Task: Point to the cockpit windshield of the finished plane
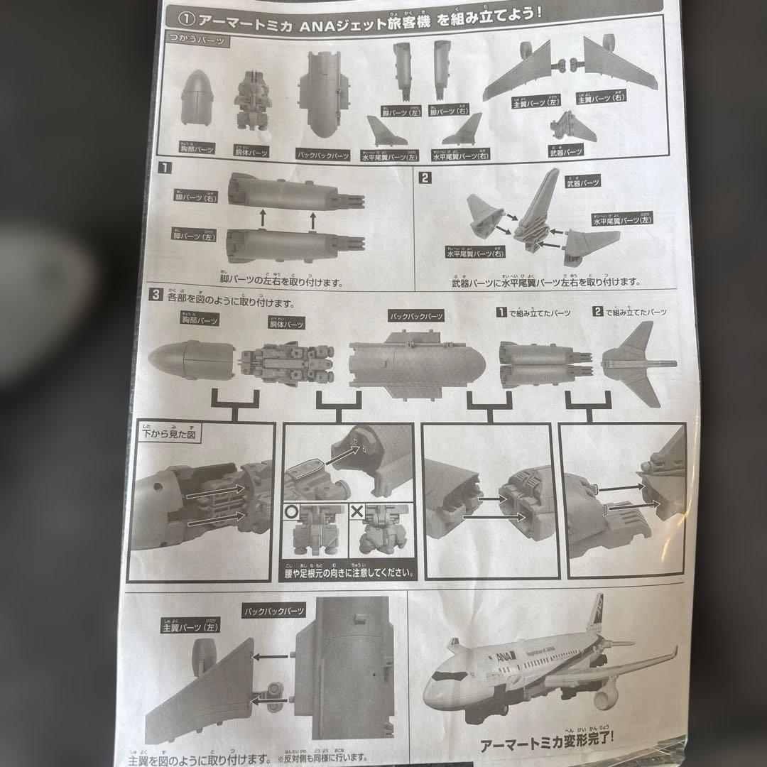click(442, 673)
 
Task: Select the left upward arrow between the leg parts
click(262, 218)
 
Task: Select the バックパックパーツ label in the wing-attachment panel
click(274, 609)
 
